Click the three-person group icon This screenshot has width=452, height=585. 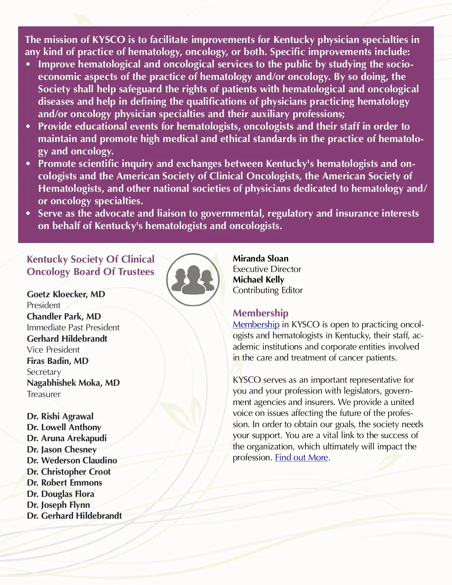click(193, 279)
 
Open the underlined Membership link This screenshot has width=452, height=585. click(256, 325)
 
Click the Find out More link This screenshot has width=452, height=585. click(301, 458)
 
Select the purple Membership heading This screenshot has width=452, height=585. click(260, 313)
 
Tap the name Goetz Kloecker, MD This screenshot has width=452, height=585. click(66, 294)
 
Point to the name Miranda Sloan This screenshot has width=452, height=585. click(260, 258)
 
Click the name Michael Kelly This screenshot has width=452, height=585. click(258, 280)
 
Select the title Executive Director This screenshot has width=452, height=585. click(267, 269)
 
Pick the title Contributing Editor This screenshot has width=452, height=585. click(267, 290)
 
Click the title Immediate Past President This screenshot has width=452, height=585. click(73, 327)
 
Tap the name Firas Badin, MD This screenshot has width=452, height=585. click(58, 361)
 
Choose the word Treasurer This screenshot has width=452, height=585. click(44, 394)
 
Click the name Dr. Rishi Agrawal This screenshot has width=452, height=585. click(60, 416)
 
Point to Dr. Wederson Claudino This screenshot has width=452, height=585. click(72, 460)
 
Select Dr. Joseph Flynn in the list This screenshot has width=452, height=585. click(58, 505)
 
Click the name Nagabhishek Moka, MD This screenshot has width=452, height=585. click(73, 383)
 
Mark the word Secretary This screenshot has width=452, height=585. click(44, 372)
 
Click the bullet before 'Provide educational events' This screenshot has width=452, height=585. click(28, 127)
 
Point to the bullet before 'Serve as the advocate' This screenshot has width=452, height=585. click(28, 214)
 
